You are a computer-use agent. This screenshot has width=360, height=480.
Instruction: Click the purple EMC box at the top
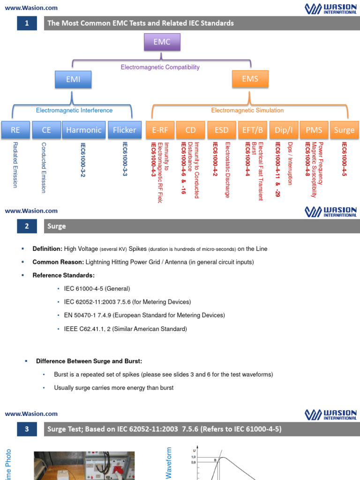[x=162, y=43]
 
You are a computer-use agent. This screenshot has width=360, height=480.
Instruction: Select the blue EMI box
[x=73, y=79]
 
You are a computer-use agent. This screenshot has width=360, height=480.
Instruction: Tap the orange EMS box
[x=250, y=79]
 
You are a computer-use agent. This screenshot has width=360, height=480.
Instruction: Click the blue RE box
[x=15, y=130]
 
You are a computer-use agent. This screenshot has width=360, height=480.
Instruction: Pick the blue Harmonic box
[x=83, y=130]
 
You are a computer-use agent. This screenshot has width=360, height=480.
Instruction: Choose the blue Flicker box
[x=124, y=130]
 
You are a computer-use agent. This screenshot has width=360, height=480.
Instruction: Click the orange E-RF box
[x=160, y=130]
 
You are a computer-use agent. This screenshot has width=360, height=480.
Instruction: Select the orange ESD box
[x=222, y=130]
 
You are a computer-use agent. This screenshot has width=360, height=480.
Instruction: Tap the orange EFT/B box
[x=252, y=130]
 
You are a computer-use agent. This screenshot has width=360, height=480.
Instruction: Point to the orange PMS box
[x=314, y=130]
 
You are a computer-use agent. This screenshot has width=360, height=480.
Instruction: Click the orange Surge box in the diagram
[x=345, y=130]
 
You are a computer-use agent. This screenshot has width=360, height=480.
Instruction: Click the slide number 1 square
[x=27, y=23]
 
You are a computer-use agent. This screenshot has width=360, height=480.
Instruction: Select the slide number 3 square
[x=27, y=429]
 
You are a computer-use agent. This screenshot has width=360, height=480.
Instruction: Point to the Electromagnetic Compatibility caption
[x=160, y=67]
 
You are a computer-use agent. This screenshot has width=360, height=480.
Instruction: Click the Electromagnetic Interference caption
[x=75, y=111]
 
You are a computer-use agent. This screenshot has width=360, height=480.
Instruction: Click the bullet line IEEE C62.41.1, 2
[x=125, y=329]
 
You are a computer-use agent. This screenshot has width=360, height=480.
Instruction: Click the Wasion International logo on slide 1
[x=330, y=8]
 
